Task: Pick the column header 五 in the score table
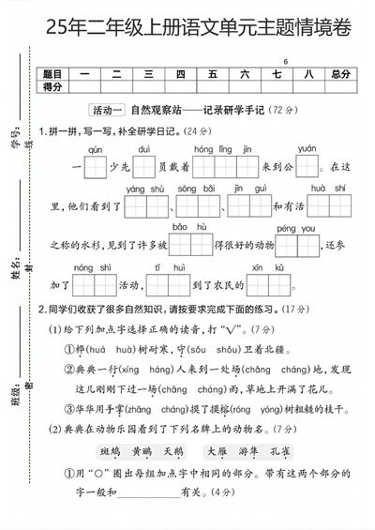tap(213, 73)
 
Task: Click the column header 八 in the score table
tap(308, 73)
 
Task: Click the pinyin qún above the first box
tap(95, 149)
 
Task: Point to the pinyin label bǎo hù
tap(182, 228)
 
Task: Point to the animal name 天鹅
tap(173, 450)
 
